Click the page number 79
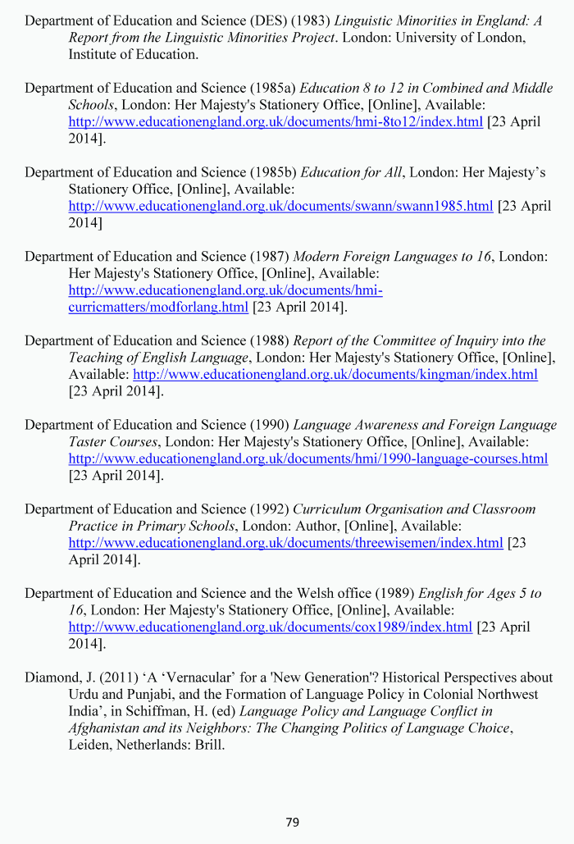pos(293,822)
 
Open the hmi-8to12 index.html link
pos(276,121)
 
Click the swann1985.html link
pos(280,206)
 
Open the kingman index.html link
pos(335,374)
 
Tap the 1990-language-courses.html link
pos(307,458)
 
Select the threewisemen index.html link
pos(285,543)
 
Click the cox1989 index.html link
pos(270,627)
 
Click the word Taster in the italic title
pos(89,441)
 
